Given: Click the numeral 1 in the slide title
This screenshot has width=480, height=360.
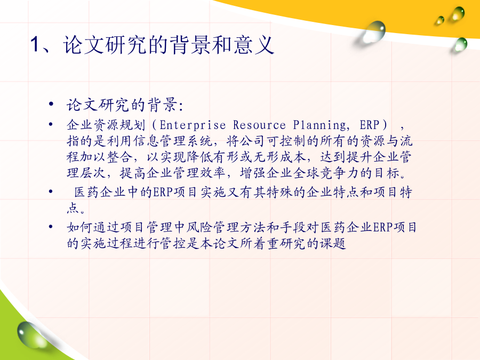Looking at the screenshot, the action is tap(35, 45).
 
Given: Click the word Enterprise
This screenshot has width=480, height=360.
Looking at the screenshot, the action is tap(193, 125).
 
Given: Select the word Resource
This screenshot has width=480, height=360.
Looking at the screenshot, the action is tap(259, 125).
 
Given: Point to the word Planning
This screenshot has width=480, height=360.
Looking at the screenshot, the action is tap(319, 125).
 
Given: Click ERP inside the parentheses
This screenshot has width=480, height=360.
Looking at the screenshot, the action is tap(370, 125).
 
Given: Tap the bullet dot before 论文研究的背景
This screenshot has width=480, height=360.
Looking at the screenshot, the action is tap(51, 105).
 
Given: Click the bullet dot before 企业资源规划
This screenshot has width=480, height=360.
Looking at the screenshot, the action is tap(51, 124).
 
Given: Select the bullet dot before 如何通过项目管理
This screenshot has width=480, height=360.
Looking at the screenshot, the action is tap(51, 227).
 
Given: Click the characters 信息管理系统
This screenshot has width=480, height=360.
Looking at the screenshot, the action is tap(173, 141).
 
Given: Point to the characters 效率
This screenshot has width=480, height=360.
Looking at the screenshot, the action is tap(213, 173).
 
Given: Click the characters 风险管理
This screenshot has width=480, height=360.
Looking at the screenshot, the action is tap(213, 227).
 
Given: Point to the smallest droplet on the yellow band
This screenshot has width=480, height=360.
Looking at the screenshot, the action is tap(440, 20).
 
